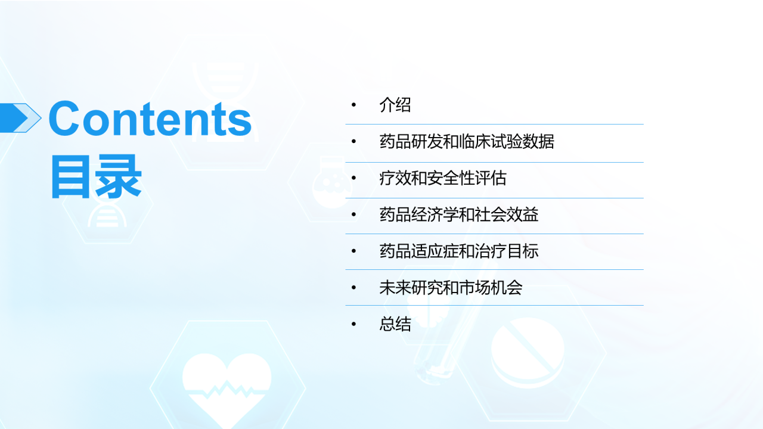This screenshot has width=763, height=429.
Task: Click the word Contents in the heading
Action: [150, 119]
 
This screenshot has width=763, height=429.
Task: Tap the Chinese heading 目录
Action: [95, 176]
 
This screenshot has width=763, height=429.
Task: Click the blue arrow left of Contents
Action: [18, 117]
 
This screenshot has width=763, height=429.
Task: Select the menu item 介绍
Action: [395, 105]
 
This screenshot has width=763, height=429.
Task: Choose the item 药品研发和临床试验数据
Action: [467, 142]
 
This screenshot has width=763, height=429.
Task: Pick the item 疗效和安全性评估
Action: [443, 178]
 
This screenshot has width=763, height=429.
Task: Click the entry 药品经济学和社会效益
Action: [459, 214]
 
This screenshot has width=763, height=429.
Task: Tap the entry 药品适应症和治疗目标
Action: [459, 251]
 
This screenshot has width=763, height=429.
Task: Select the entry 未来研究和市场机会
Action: [451, 288]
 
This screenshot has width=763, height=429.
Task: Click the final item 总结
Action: [395, 324]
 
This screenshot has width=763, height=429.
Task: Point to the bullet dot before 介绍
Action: [353, 105]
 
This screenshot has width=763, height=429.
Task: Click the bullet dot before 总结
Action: [353, 324]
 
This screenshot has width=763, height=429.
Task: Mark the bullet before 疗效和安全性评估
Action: [353, 178]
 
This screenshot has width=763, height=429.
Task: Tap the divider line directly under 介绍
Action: [495, 125]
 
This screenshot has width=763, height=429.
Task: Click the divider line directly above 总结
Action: [495, 306]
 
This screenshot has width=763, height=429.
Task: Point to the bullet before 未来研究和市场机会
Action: [353, 288]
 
